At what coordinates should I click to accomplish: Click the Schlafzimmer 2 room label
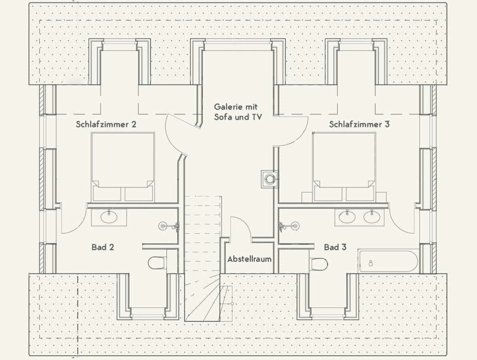coord(106,125)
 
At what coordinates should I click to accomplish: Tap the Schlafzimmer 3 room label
coord(359,125)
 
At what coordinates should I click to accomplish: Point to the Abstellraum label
coord(249,259)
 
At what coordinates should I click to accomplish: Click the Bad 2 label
coord(103,247)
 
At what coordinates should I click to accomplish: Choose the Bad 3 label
coord(335,247)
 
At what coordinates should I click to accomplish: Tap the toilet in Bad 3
coord(319,264)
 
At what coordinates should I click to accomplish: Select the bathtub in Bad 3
coord(388,262)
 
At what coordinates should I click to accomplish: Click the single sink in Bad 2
coord(109,217)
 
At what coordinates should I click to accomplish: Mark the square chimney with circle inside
coord(270,179)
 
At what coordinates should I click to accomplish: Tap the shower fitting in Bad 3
coord(288,226)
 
